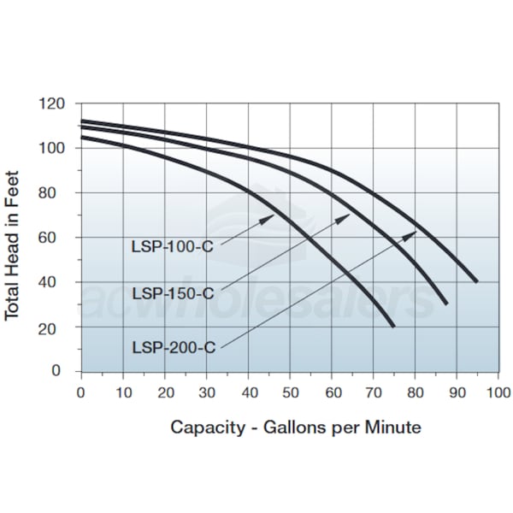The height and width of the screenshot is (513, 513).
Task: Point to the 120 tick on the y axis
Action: click(x=54, y=103)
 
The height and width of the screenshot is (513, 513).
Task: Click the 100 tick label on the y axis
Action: click(x=54, y=148)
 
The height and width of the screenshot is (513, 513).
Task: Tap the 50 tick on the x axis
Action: click(x=290, y=392)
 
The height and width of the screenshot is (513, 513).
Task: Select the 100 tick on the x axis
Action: click(x=498, y=392)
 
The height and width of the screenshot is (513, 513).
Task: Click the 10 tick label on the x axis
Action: click(x=123, y=392)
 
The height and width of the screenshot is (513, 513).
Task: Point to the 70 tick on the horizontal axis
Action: click(x=374, y=392)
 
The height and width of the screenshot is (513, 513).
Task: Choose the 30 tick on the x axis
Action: click(x=207, y=392)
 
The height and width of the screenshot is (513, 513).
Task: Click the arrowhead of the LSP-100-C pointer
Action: click(x=272, y=216)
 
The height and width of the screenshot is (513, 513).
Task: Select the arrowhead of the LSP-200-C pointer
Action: click(x=414, y=233)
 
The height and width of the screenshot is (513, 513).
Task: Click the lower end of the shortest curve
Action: click(x=393, y=326)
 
